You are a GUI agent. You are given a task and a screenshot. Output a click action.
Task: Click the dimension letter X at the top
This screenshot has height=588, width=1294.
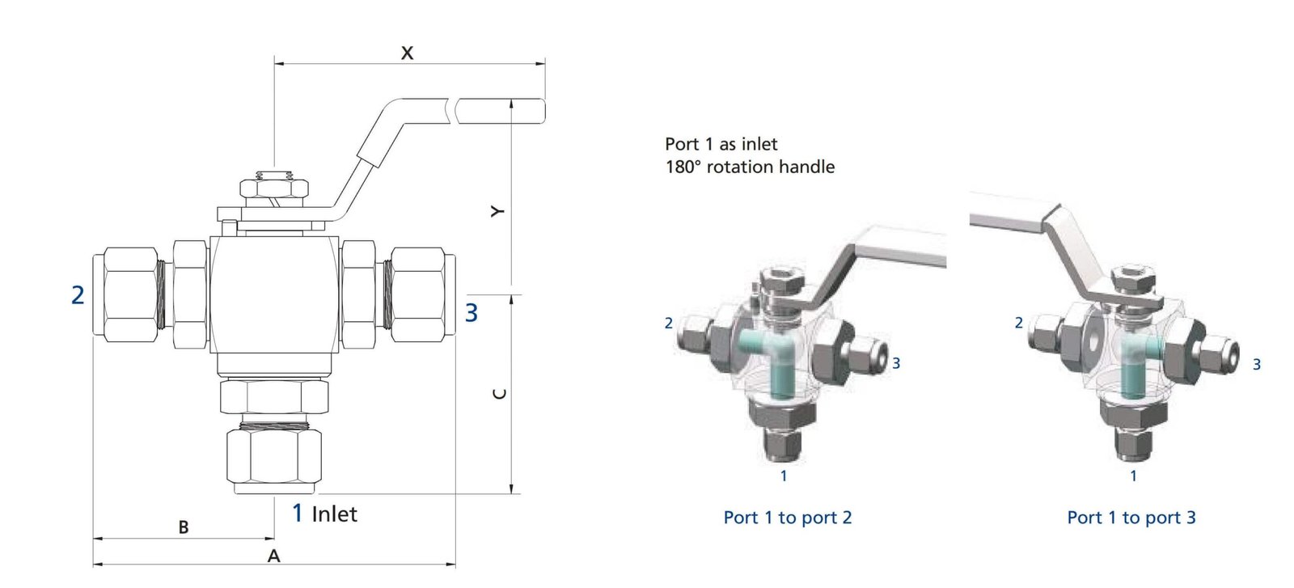coord(408,53)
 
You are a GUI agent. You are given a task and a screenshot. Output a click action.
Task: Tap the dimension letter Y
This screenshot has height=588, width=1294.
coord(498,211)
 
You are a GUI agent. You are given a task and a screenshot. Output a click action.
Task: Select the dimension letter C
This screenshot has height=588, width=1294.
coord(500,394)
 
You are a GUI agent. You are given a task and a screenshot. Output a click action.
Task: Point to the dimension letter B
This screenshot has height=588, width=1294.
coord(184,527)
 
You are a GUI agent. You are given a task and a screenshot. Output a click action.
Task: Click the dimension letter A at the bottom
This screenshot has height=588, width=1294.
coord(274,556)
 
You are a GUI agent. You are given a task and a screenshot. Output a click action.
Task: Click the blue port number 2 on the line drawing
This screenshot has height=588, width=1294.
coord(78,295)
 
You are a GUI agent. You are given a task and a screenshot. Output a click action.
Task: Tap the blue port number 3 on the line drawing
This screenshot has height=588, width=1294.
coord(472,312)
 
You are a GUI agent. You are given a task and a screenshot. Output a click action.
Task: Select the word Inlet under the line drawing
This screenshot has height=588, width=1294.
coord(334,514)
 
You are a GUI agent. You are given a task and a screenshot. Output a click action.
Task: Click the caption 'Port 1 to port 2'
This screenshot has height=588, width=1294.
coord(787,518)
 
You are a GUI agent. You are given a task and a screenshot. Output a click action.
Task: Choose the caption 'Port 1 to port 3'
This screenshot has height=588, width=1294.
coord(1131,518)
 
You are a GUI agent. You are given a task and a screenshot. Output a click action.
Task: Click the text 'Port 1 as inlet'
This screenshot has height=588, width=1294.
coord(721,144)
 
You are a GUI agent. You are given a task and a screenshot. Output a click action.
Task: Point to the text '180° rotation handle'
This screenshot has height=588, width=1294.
coord(750,167)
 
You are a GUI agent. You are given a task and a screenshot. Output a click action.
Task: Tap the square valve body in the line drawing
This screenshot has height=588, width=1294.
coord(274,295)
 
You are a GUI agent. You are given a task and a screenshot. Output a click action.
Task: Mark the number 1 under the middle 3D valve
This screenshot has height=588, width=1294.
coord(783,476)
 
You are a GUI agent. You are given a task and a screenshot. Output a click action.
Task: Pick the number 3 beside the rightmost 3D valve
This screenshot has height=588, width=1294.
coord(1256,365)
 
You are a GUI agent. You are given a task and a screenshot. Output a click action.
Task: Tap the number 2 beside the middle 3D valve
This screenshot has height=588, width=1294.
coord(668,323)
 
